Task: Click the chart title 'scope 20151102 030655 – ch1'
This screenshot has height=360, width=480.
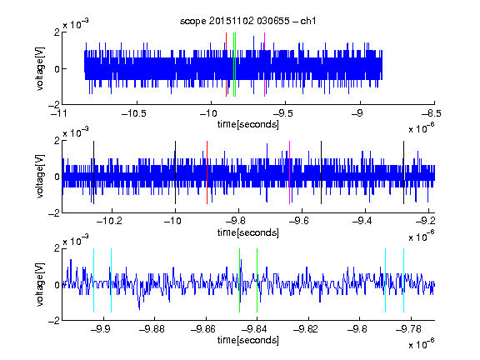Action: [248, 21]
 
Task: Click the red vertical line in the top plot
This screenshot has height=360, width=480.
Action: [226, 65]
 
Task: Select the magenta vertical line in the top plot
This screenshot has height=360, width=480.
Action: [264, 65]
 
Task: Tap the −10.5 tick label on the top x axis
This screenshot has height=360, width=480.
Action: [134, 113]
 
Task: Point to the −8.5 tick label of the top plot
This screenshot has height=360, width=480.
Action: [432, 113]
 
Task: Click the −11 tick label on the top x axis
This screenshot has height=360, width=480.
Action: [59, 113]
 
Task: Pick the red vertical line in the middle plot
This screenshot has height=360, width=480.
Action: [207, 172]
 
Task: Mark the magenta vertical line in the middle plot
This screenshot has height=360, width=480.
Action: [290, 172]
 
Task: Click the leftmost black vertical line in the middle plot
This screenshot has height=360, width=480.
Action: [93, 172]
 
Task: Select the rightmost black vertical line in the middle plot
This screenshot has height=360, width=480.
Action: [403, 172]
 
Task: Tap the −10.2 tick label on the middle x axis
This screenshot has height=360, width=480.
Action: [109, 221]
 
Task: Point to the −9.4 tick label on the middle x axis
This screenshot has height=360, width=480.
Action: [362, 221]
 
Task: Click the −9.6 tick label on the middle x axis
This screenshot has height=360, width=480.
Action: [299, 221]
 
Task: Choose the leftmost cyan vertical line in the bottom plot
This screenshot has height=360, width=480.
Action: [93, 280]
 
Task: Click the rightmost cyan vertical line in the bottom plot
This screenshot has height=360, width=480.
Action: [403, 280]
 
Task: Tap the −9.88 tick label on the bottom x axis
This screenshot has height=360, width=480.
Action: [152, 329]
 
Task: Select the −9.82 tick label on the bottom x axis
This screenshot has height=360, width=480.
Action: [306, 329]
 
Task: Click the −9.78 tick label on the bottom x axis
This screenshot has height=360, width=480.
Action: [408, 329]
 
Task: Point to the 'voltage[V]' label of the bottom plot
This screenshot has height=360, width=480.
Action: [40, 284]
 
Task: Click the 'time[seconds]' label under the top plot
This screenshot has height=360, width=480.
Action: [248, 124]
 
